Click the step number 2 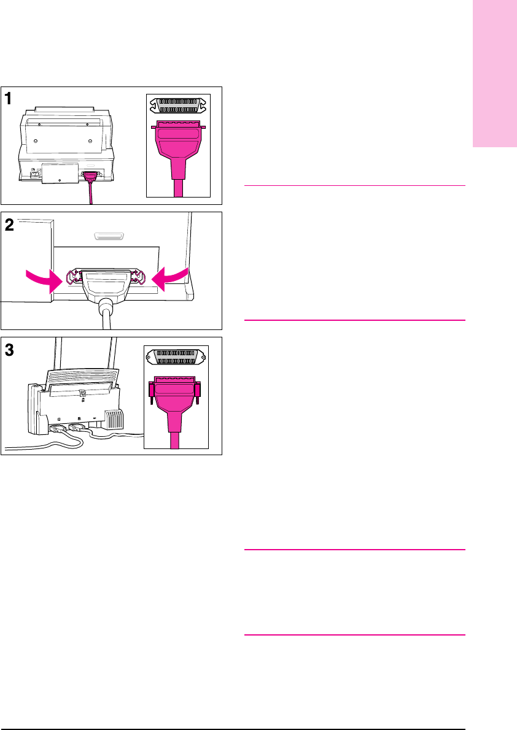tap(10, 225)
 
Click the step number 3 tap(10, 351)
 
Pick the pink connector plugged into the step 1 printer tap(92, 177)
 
